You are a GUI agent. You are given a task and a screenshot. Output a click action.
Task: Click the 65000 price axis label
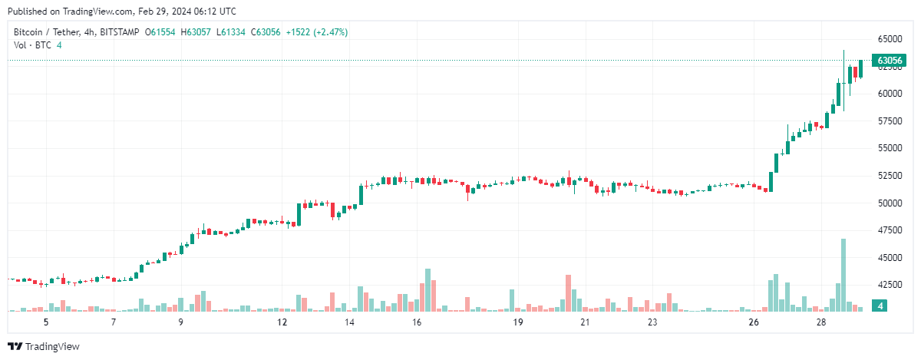[x=890, y=38]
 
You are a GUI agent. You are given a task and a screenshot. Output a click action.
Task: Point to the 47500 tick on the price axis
[x=890, y=230]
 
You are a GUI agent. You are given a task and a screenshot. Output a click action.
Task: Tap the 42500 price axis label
[x=890, y=285]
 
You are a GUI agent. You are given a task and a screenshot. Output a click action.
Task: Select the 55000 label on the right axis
[x=890, y=148]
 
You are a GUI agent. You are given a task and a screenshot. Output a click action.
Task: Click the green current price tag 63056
[x=889, y=60]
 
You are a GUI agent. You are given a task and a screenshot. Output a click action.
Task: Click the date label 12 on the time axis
[x=282, y=322]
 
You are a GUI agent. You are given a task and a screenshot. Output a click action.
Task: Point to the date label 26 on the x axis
[x=753, y=322]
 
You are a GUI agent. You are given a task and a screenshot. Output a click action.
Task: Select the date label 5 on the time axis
[x=46, y=322]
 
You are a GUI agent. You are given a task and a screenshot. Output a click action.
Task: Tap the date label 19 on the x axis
[x=518, y=322]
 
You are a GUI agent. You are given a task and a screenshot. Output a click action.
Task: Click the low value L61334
[x=232, y=32]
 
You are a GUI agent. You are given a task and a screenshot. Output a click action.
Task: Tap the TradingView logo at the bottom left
[x=43, y=346]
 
